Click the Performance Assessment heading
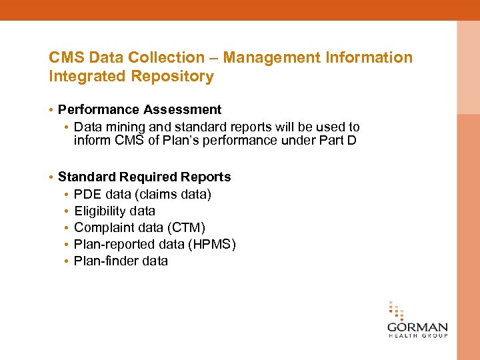[x=139, y=109]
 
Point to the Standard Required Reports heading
[x=144, y=177]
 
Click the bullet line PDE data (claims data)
[x=143, y=194]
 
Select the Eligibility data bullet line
[x=115, y=211]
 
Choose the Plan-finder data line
[x=121, y=261]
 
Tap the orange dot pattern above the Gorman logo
[x=396, y=311]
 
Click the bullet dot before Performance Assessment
[x=51, y=109]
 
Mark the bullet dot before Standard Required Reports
[x=51, y=177]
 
